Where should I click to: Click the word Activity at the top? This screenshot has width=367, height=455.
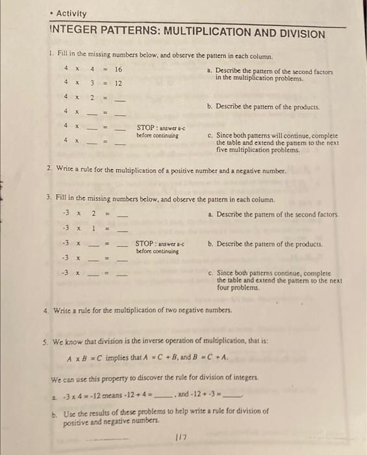[x=71, y=13]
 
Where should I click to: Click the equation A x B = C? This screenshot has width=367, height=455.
[x=88, y=357]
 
